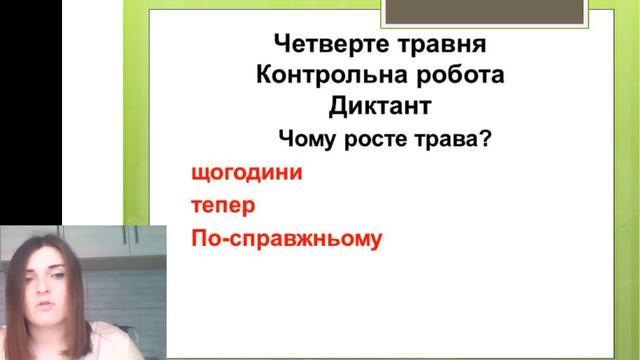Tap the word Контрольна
tap(318, 76)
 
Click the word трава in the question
tap(446, 139)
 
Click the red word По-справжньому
tap(286, 241)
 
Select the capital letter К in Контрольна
tap(265, 76)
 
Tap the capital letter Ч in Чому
tap(287, 139)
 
